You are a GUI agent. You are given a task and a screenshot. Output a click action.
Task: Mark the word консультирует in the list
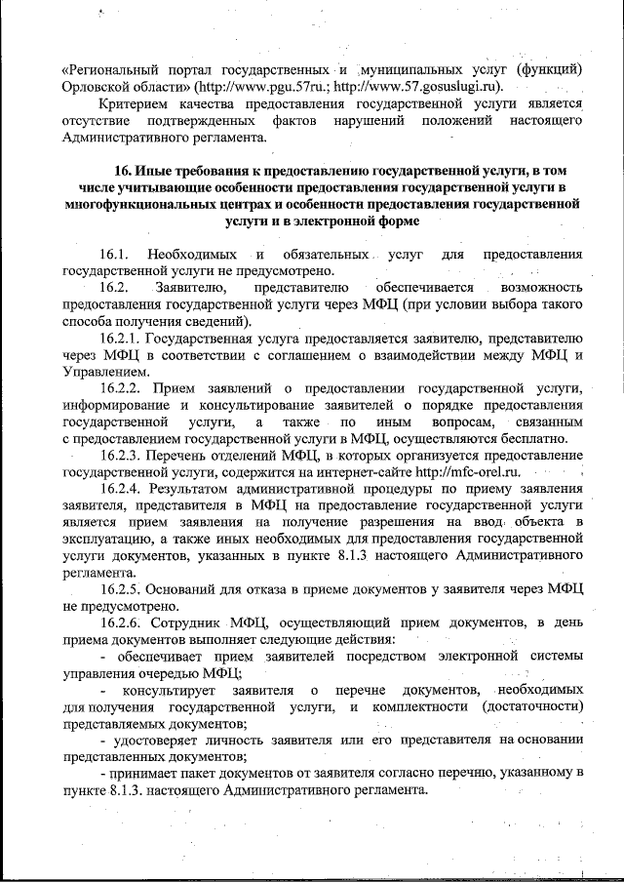point(171,691)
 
